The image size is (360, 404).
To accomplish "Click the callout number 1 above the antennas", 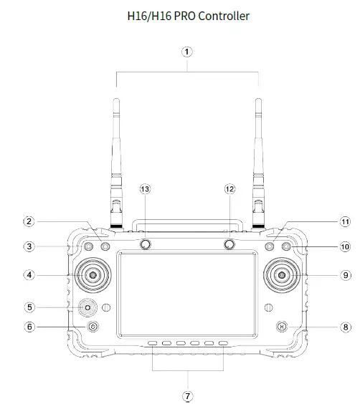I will [x=187, y=52].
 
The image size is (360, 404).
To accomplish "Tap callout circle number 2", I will [x=29, y=221].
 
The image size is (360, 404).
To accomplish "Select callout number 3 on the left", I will [x=29, y=246].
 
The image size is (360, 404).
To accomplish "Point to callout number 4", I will [x=29, y=274].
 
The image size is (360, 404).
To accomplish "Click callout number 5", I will [x=29, y=307].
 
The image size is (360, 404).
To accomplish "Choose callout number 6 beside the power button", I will [x=29, y=327].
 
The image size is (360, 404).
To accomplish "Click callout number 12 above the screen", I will [x=229, y=189].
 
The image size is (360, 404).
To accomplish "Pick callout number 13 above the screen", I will [x=146, y=189].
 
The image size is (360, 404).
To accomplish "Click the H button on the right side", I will [x=282, y=327].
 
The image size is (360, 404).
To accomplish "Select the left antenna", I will [x=116, y=158].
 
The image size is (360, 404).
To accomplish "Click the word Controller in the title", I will [x=222, y=15].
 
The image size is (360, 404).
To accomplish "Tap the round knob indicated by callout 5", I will [x=88, y=307].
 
